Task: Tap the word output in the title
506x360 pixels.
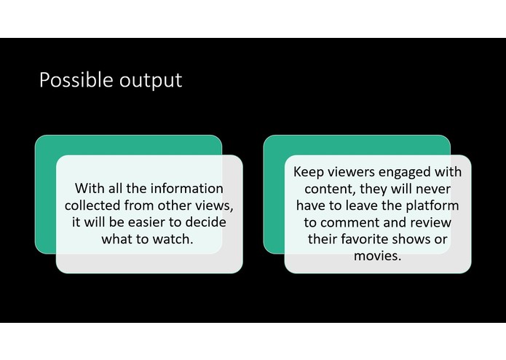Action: [148, 81]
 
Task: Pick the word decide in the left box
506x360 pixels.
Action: [207, 222]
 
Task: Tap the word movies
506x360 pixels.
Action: [377, 256]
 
